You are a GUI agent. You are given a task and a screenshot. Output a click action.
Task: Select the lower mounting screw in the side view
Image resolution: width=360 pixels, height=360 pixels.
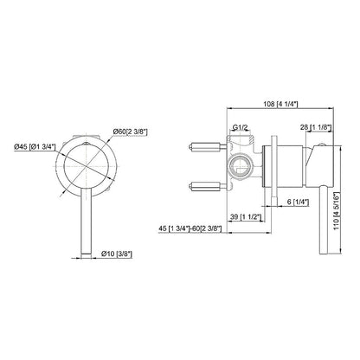[x=204, y=185]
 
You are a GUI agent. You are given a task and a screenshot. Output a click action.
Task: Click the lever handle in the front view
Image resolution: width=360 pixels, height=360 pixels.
[x=85, y=211]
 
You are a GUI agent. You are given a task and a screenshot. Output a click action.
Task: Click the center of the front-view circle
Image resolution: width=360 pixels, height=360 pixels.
[x=85, y=162]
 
